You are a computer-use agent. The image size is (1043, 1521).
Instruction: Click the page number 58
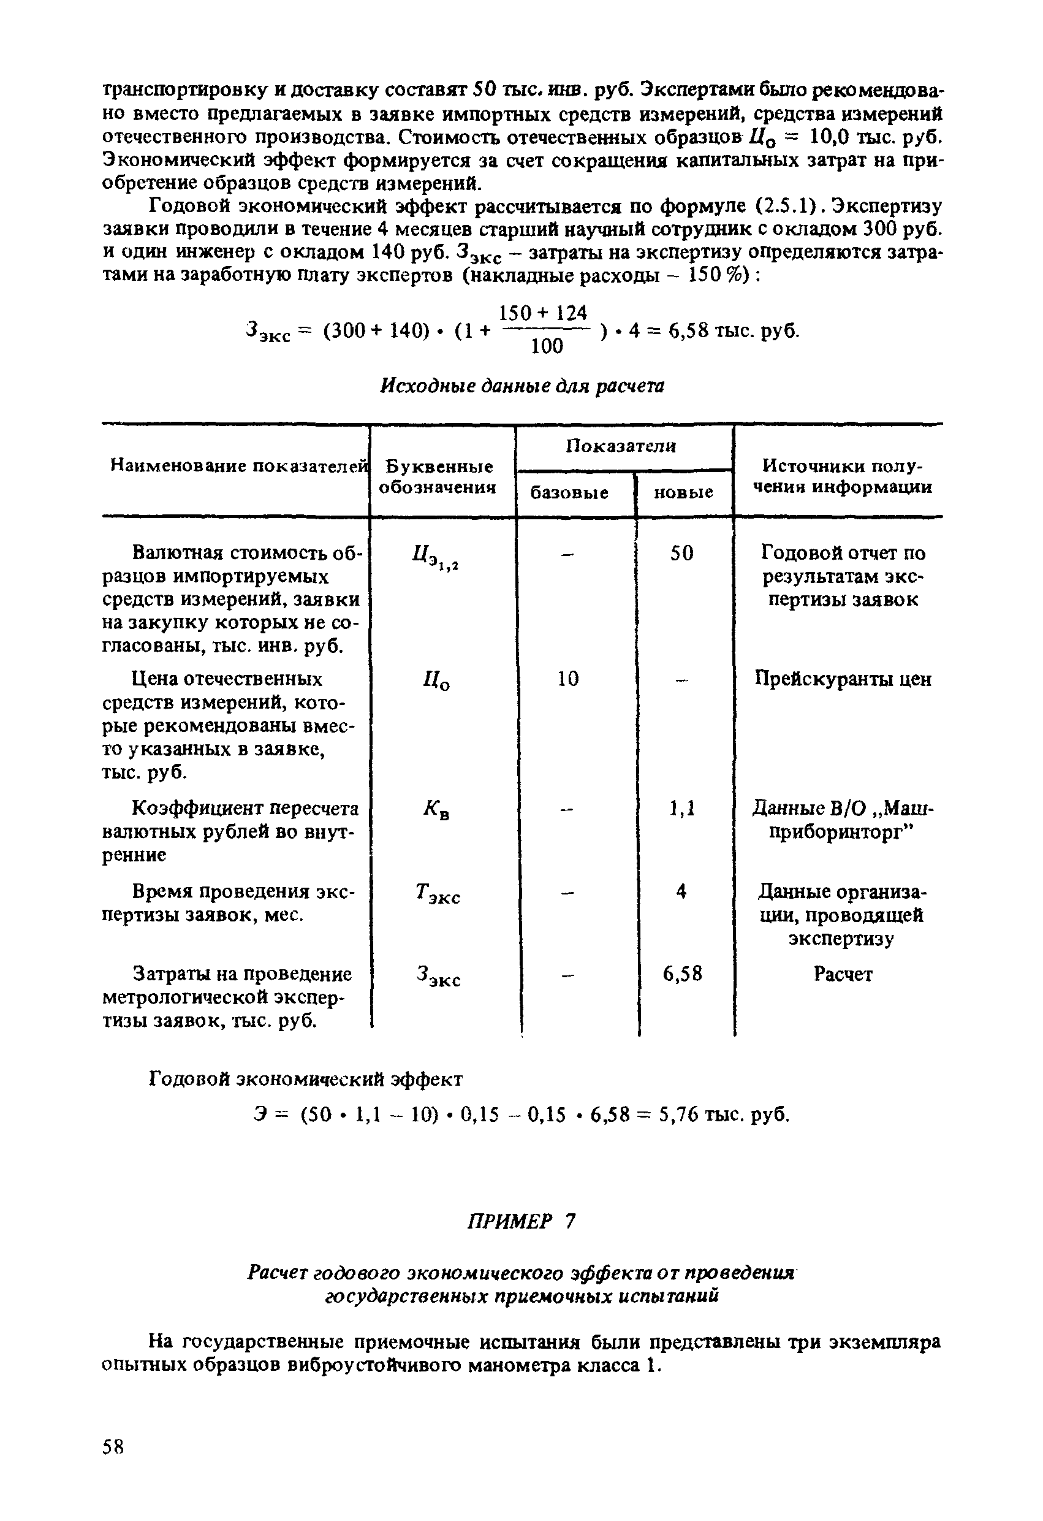point(113,1446)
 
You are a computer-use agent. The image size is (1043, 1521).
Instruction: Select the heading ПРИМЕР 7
point(521,1221)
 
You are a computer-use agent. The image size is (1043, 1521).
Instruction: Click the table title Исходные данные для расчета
point(521,386)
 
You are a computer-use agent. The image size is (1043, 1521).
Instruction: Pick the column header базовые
point(569,492)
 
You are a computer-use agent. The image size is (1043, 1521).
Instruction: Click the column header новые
point(683,492)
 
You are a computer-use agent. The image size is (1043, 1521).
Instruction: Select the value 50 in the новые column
point(681,554)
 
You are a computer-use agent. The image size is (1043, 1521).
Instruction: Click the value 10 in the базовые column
point(568,679)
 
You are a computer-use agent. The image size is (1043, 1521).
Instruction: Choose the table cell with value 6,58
point(682,975)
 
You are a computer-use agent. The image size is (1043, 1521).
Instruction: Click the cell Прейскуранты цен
point(843,679)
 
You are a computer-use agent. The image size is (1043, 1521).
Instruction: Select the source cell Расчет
point(843,975)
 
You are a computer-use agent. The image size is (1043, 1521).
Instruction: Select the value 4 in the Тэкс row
point(682,891)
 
